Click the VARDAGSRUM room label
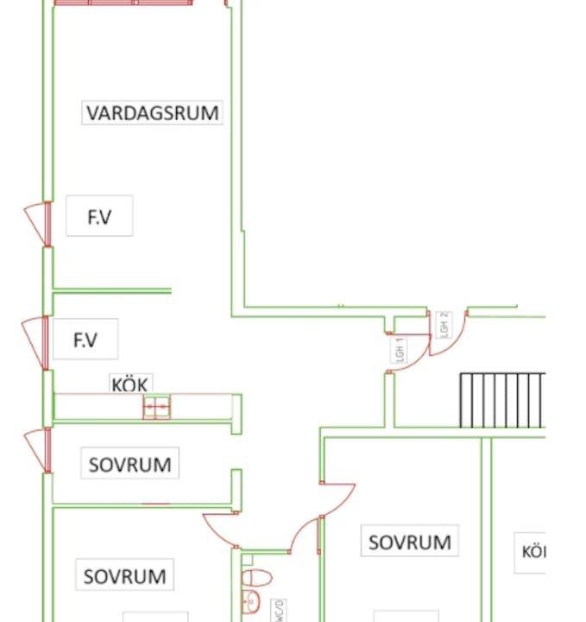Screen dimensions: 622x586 152,112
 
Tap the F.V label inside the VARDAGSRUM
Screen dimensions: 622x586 99,217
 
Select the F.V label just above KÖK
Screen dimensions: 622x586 85,340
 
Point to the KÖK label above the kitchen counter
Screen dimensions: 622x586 131,384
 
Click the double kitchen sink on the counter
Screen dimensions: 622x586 156,407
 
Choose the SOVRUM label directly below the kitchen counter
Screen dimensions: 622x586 129,464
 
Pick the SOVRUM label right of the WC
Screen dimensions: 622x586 409,543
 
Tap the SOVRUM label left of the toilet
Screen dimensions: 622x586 124,575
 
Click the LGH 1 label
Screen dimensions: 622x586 399,348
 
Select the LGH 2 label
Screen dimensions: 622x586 444,324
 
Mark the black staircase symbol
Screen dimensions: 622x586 502,399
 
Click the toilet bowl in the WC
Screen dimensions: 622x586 256,577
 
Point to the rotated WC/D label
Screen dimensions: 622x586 278,610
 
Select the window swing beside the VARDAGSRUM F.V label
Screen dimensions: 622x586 37,223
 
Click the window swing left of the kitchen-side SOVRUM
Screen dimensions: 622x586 37,449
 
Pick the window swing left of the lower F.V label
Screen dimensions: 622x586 36,342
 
